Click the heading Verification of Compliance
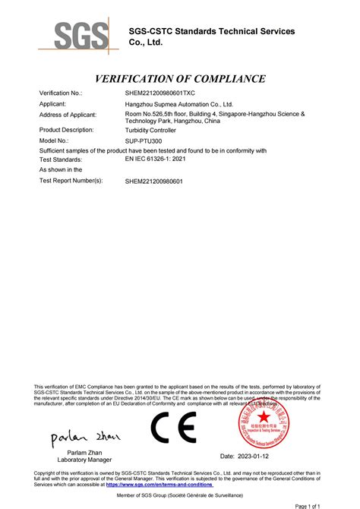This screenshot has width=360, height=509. (x=180, y=79)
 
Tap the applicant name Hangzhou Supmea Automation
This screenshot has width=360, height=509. (x=178, y=103)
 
